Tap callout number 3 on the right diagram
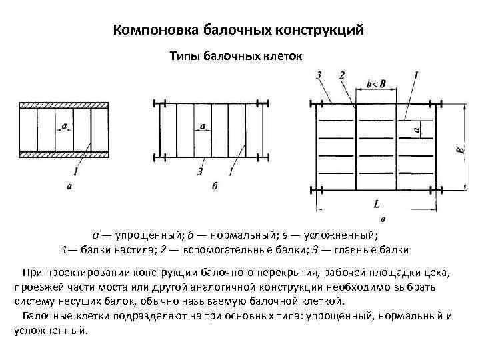[x=319, y=75]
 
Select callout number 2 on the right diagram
[x=342, y=75]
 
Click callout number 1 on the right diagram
[x=416, y=75]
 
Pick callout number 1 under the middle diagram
[x=230, y=173]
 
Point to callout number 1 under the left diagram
[x=77, y=173]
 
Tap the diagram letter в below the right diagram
[x=382, y=219]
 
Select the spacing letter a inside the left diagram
[x=64, y=125]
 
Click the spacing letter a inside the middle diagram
[x=201, y=125]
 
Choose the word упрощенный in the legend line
[x=143, y=235]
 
